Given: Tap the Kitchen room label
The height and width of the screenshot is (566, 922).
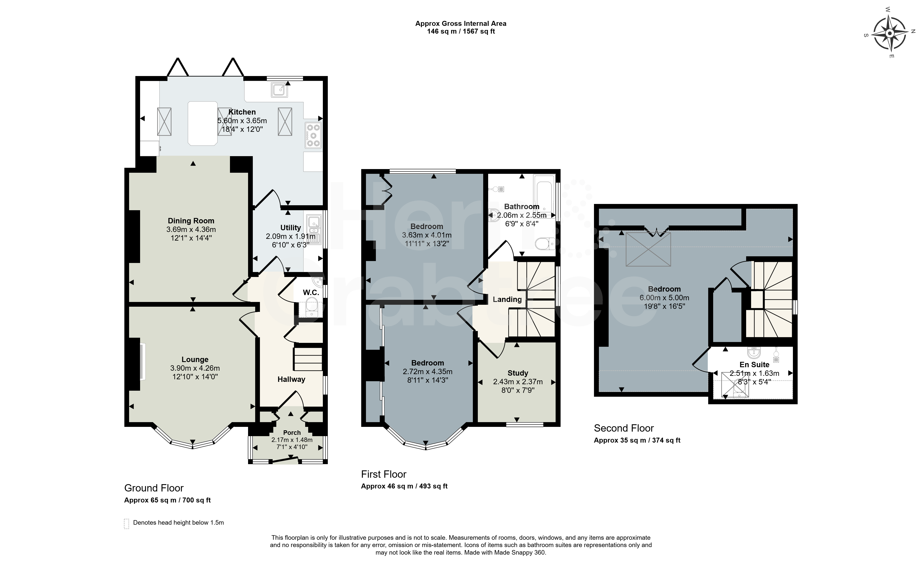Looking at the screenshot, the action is tap(242, 112).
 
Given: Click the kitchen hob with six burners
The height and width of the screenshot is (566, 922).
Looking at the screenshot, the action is tap(313, 135).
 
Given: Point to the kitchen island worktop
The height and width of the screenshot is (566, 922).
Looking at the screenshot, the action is tap(203, 123).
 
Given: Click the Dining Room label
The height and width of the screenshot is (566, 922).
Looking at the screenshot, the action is tap(191, 221).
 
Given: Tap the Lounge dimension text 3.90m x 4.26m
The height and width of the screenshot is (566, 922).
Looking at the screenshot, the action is tap(195, 368).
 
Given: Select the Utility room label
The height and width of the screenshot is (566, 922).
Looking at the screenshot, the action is tap(291, 228).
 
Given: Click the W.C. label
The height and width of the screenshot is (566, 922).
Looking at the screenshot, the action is tap(311, 292).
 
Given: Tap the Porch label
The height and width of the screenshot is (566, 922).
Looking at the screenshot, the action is tap(292, 432).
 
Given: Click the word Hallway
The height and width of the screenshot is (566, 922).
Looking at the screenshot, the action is tap(291, 379).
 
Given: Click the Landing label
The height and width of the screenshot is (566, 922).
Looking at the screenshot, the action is tap(507, 299).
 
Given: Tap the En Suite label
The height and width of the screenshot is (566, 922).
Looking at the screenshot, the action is tap(754, 365).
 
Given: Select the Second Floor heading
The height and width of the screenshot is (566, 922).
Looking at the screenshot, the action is tap(624, 428).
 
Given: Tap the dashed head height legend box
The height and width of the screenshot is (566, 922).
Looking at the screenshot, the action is tap(127, 524).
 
